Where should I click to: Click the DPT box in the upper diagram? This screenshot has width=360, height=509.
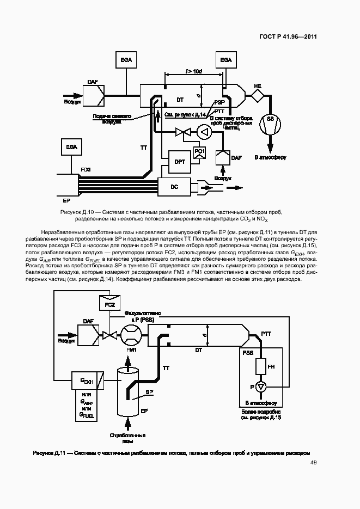click(180, 161)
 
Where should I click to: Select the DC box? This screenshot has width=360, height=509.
click(174, 187)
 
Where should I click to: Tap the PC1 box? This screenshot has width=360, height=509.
click(199, 152)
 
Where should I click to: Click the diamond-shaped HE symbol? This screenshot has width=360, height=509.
click(257, 96)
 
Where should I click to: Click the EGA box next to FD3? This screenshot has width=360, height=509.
click(71, 147)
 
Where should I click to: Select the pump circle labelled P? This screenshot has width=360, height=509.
click(261, 387)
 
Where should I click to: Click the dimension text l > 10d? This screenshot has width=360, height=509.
click(193, 71)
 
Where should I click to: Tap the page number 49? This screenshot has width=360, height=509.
click(313, 463)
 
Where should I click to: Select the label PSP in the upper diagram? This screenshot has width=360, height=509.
click(219, 102)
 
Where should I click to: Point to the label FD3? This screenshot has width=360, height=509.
click(86, 170)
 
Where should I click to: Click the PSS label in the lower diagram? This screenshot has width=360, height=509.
click(248, 353)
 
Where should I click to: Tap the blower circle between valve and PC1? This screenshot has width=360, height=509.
click(204, 131)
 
